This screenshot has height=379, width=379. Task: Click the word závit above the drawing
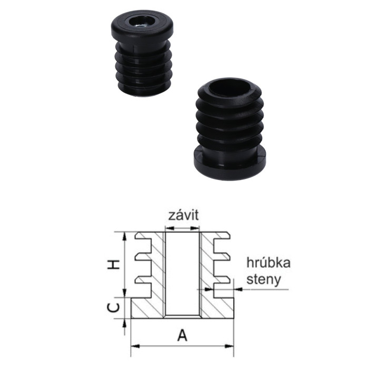pos(184,215)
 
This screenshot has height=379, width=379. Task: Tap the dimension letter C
pos(113,308)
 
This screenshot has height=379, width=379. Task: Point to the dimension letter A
pos(182,335)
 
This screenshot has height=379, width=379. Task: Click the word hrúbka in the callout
pos(268,263)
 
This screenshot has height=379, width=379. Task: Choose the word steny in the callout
pos(264,280)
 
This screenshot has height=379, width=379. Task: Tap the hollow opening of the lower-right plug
pos(229,86)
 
